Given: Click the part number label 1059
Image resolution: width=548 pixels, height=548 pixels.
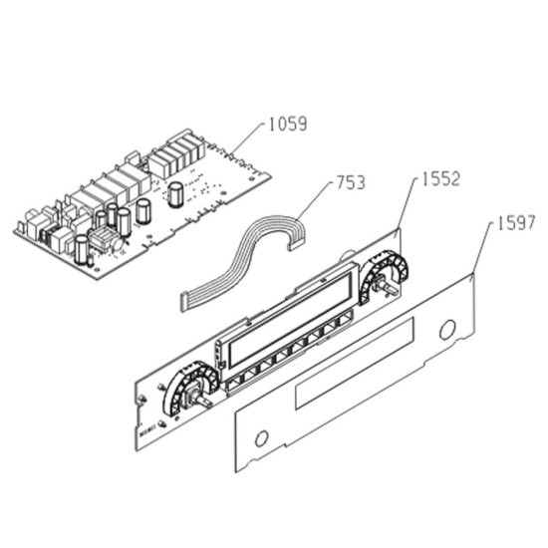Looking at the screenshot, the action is [x=288, y=124].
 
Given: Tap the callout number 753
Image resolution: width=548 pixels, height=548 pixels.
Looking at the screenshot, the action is [x=351, y=182].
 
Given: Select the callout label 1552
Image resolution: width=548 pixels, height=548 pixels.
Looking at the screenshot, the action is [x=440, y=179].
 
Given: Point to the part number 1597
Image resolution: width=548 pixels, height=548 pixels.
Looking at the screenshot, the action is [x=516, y=222].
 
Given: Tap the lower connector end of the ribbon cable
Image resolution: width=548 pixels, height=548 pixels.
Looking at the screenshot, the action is [x=184, y=302].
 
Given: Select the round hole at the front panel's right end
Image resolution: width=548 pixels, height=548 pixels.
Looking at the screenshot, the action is [x=447, y=329].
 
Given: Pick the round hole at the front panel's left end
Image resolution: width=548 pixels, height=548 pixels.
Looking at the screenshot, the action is [x=261, y=438].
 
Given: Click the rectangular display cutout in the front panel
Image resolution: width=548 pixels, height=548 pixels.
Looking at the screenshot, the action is [x=355, y=363].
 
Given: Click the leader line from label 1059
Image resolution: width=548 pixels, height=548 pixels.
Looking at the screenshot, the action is [x=246, y=138].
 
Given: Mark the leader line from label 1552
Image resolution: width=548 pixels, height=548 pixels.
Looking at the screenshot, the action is [x=408, y=203].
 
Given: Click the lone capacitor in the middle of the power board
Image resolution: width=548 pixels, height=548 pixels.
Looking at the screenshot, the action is [x=174, y=194].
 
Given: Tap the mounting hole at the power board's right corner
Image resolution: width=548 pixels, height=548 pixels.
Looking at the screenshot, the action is [x=251, y=178].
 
